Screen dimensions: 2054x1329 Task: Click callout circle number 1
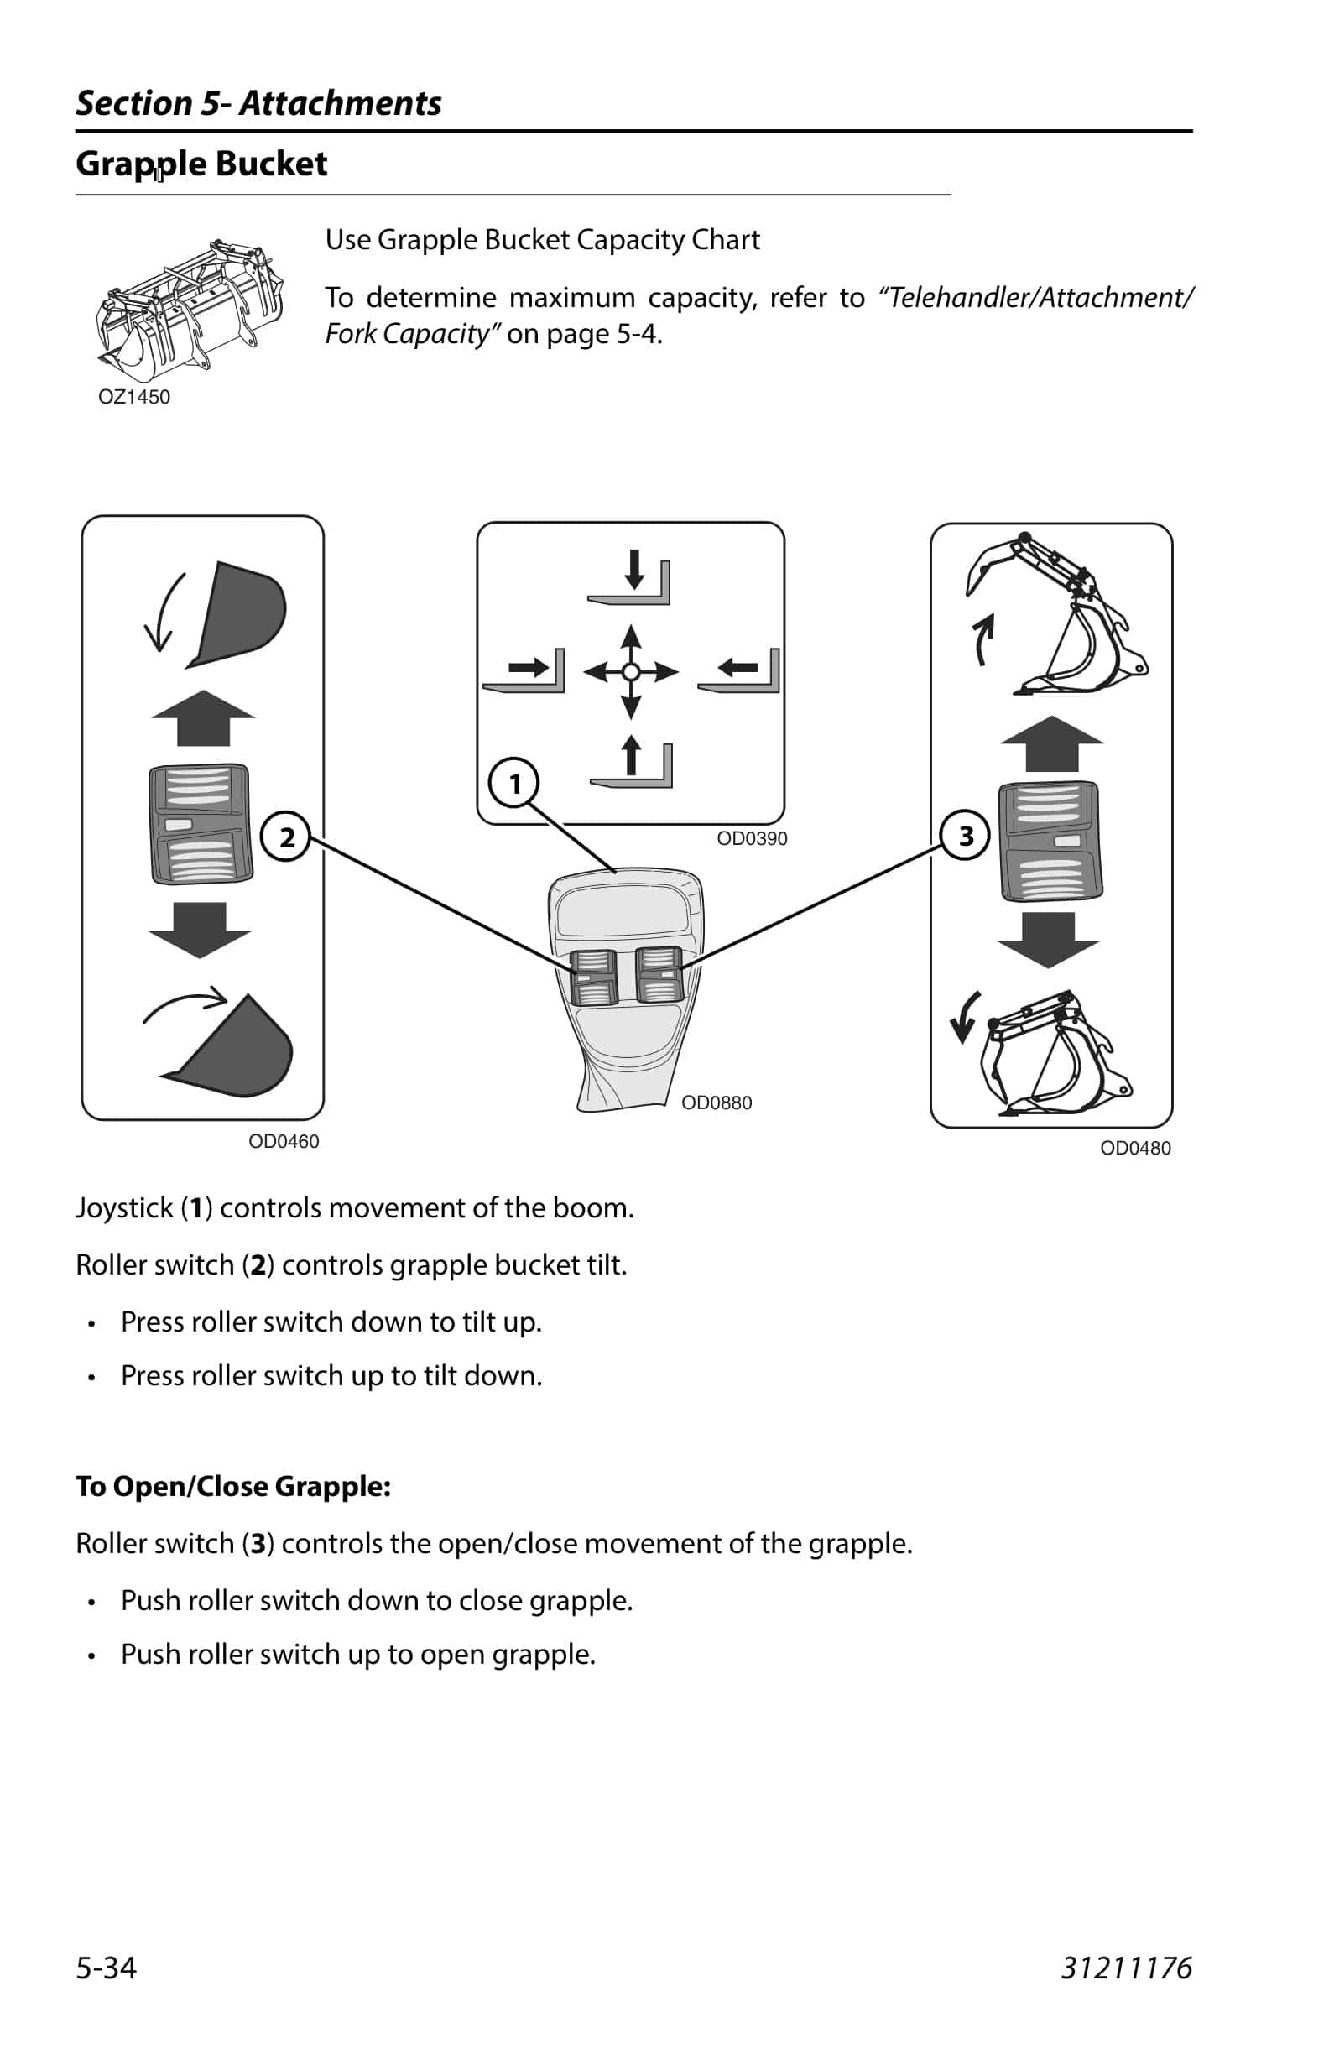click(514, 783)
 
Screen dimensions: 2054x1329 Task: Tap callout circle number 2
click(286, 837)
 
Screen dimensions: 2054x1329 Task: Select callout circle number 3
click(965, 836)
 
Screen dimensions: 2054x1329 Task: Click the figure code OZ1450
click(133, 397)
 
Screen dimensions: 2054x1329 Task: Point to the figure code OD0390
click(752, 838)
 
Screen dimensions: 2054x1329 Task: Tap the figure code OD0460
click(283, 1141)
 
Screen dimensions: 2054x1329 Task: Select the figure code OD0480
click(1135, 1148)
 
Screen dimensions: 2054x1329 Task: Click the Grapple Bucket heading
click(201, 164)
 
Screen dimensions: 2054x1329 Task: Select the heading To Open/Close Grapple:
click(233, 1486)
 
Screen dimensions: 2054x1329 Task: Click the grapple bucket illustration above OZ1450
click(190, 310)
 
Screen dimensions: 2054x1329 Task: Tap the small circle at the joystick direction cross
click(631, 671)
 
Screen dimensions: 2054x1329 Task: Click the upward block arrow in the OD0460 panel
click(202, 717)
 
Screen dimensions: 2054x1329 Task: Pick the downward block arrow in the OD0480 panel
click(1049, 940)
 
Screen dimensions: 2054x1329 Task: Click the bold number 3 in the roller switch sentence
click(258, 1543)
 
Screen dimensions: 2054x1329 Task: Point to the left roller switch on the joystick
click(593, 976)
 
